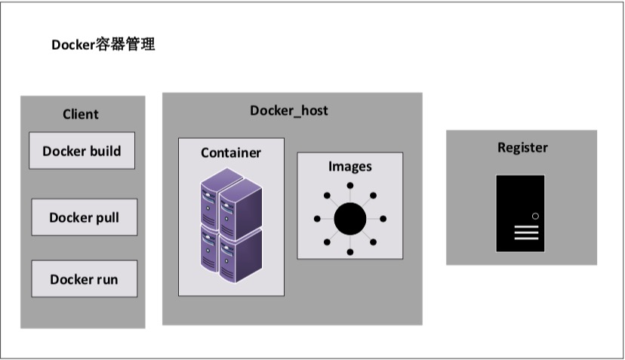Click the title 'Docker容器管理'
(x=103, y=45)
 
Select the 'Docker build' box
(x=82, y=151)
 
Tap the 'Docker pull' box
(x=84, y=217)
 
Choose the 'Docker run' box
(x=84, y=279)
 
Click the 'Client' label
(x=81, y=115)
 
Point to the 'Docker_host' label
(x=289, y=111)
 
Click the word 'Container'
(x=231, y=153)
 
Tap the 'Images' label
(x=349, y=166)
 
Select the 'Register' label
(x=522, y=147)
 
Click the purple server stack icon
(x=231, y=225)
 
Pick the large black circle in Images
(x=349, y=219)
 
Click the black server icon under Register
(x=520, y=214)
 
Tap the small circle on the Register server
(x=535, y=217)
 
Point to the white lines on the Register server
(x=526, y=232)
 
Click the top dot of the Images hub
(x=349, y=186)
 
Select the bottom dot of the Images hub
(x=349, y=251)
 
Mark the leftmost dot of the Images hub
(x=317, y=219)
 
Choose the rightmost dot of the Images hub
(x=383, y=219)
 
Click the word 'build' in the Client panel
(x=105, y=151)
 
